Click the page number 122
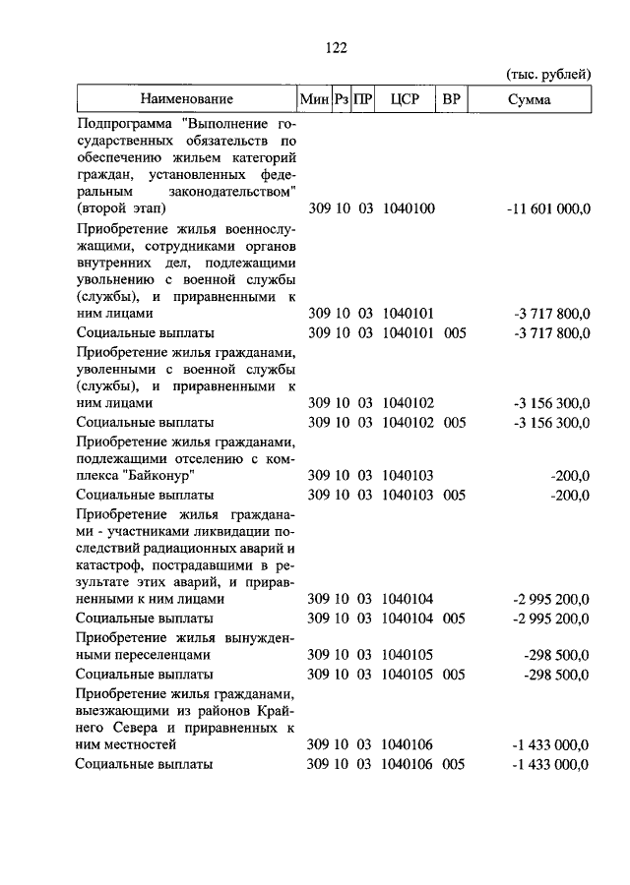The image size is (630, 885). tap(335, 48)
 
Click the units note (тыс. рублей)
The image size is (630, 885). tap(548, 74)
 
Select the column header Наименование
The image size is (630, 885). tap(186, 99)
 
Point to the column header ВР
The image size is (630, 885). tap(452, 99)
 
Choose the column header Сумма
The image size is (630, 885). tap(530, 99)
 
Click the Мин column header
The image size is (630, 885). tap(314, 99)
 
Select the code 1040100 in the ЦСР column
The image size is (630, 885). tap(408, 208)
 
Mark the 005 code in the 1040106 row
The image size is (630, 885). tap(453, 764)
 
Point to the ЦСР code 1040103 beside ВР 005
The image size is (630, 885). tap(408, 495)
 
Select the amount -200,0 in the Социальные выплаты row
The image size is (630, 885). tap(571, 495)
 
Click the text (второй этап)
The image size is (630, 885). tap(120, 208)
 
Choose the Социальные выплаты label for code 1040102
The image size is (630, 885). tap(145, 422)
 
